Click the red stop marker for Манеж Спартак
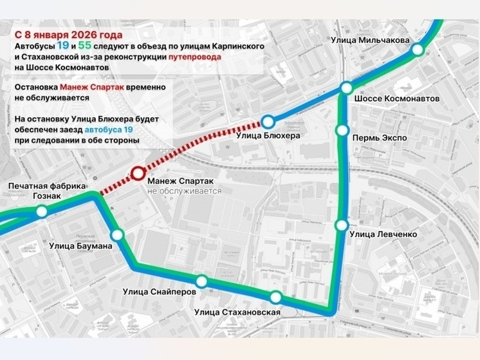pyautogui.click(x=138, y=173)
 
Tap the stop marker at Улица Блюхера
pyautogui.click(x=268, y=121)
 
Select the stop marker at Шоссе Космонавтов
pyautogui.click(x=347, y=88)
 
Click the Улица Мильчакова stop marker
pyautogui.click(x=418, y=50)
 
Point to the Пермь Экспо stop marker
pyautogui.click(x=342, y=131)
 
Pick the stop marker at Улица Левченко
pyautogui.click(x=342, y=225)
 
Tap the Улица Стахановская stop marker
pyautogui.click(x=275, y=297)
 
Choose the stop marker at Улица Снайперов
pyautogui.click(x=201, y=281)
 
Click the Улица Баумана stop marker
pyautogui.click(x=117, y=235)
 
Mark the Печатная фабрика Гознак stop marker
pyautogui.click(x=42, y=211)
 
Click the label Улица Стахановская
pyautogui.click(x=237, y=313)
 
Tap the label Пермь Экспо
pyautogui.click(x=378, y=138)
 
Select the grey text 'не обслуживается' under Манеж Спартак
pyautogui.click(x=184, y=191)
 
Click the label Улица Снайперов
pyautogui.click(x=160, y=292)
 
